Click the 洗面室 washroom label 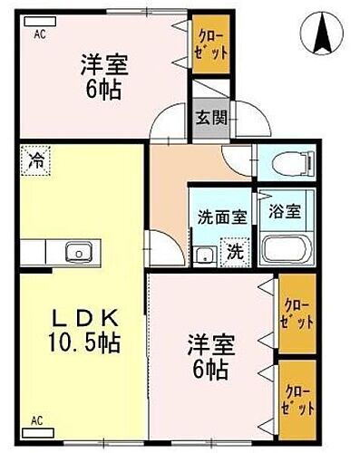click(221, 217)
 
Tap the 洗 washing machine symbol click(233, 251)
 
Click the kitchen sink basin click(78, 250)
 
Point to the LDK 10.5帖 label click(79, 331)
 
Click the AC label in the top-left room click(40, 35)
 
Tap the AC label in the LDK click(37, 420)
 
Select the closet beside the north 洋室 click(210, 47)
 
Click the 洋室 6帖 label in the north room click(104, 78)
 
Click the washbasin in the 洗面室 click(204, 254)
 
